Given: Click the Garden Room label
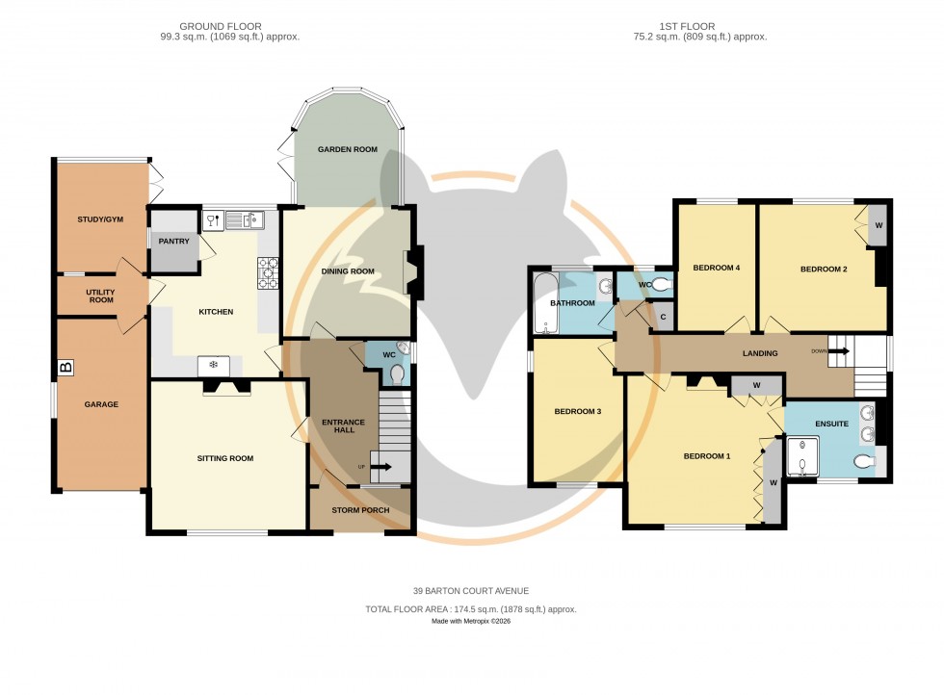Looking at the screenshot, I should click(350, 149).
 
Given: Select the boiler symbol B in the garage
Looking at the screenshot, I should click(66, 367).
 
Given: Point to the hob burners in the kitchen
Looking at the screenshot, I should click(268, 272).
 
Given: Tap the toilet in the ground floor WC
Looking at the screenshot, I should click(397, 373).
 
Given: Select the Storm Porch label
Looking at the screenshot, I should click(361, 510).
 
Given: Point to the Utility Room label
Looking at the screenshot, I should click(100, 296).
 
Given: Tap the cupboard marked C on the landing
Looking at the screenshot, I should click(662, 317).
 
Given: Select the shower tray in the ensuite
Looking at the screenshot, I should click(800, 458).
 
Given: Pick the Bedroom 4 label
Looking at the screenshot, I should click(716, 268).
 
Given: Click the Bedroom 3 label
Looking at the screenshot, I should click(578, 412).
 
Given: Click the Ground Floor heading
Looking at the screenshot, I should click(230, 26).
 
